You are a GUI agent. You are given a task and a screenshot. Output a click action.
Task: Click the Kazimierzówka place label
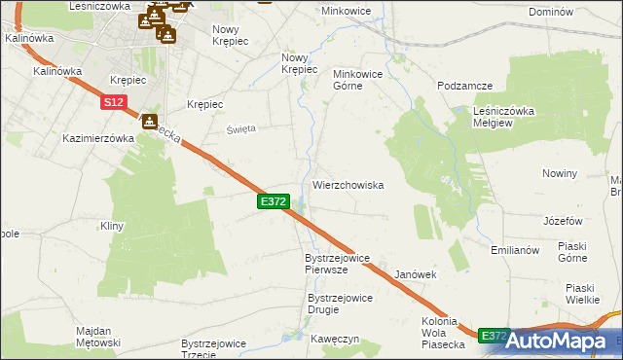(x=97, y=138)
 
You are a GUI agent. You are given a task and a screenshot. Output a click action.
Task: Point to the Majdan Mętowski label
(x=97, y=337)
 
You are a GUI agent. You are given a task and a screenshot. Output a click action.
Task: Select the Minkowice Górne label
(x=361, y=79)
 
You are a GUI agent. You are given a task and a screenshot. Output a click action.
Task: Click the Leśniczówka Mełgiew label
(x=504, y=117)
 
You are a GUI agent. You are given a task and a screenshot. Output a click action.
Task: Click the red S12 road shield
(x=112, y=101)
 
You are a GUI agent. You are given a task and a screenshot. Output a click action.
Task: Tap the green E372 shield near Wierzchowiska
(x=274, y=200)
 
